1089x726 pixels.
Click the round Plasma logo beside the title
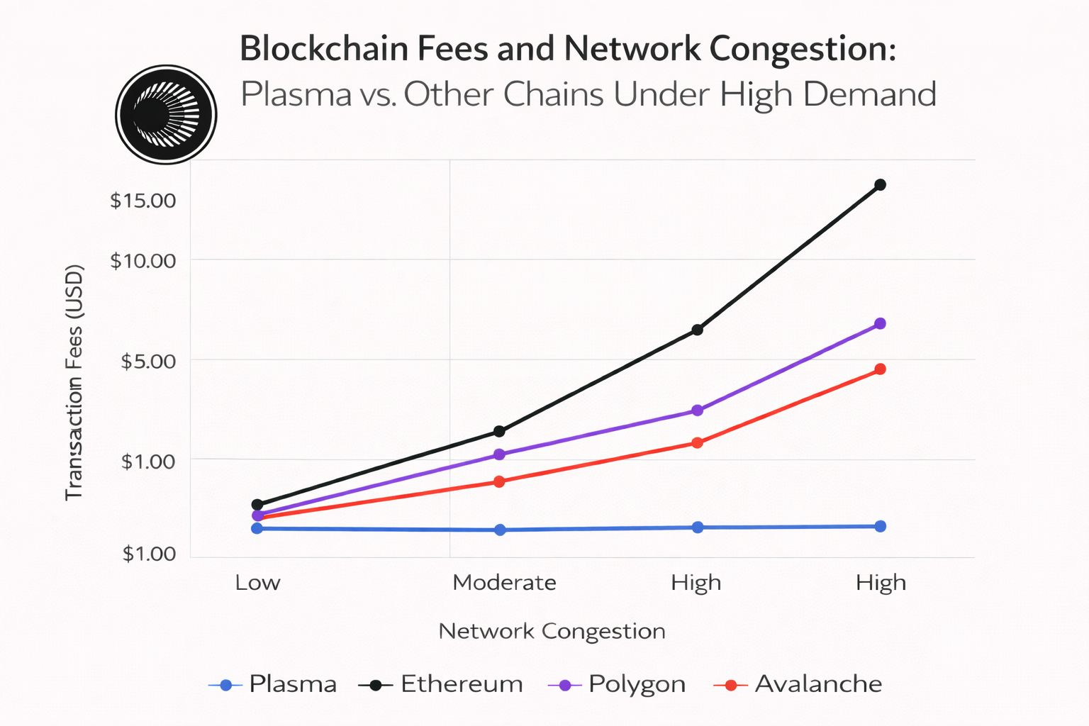click(166, 114)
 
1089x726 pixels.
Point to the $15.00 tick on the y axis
click(143, 201)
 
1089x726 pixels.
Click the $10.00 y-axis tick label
click(143, 261)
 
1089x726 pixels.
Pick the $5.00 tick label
click(148, 362)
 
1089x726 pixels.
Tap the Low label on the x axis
click(257, 583)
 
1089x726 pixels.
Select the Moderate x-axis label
click(504, 583)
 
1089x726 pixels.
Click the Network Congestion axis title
click(552, 631)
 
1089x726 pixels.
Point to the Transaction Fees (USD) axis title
click(74, 383)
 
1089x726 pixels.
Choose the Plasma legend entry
click(274, 684)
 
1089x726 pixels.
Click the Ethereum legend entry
click(442, 684)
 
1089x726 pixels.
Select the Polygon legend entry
click(618, 684)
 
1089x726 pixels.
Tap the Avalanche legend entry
click(799, 684)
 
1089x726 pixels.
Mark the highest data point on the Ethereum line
click(880, 185)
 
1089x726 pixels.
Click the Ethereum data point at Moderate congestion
click(499, 431)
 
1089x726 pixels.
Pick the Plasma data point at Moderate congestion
click(500, 530)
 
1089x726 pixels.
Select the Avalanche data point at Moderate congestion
click(499, 481)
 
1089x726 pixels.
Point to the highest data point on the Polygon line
click(880, 324)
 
